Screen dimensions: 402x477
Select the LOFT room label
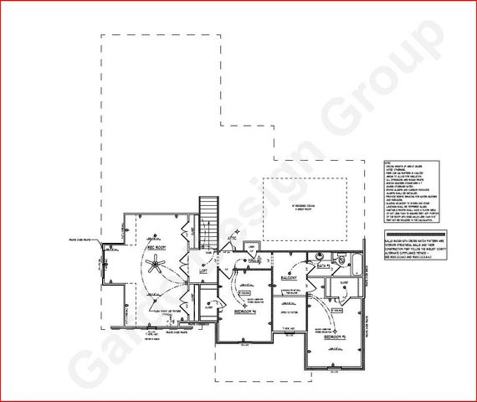click(x=202, y=271)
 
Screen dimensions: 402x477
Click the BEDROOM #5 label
click(x=336, y=337)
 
